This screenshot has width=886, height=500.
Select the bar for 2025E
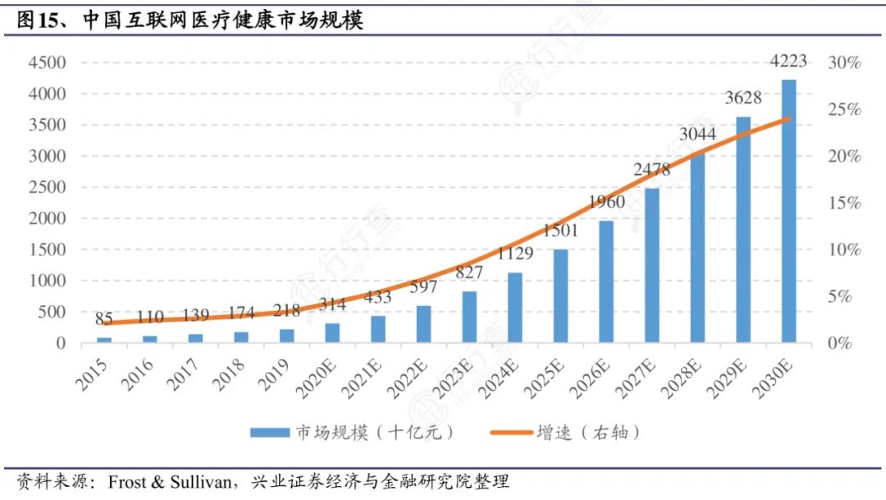pyautogui.click(x=560, y=296)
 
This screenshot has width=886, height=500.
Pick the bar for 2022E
pyautogui.click(x=423, y=323)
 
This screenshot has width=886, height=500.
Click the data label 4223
pyautogui.click(x=788, y=62)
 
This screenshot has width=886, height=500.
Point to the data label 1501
pyautogui.click(x=560, y=231)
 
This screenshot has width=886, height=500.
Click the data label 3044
pyautogui.click(x=697, y=134)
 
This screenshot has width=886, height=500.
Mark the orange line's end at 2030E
pyautogui.click(x=788, y=118)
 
